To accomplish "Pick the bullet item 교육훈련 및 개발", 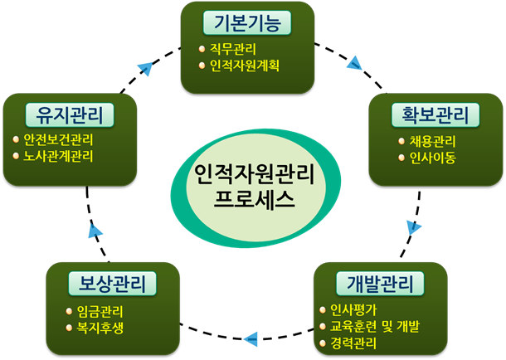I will coord(382,326).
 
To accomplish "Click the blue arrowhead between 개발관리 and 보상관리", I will coord(251,337).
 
